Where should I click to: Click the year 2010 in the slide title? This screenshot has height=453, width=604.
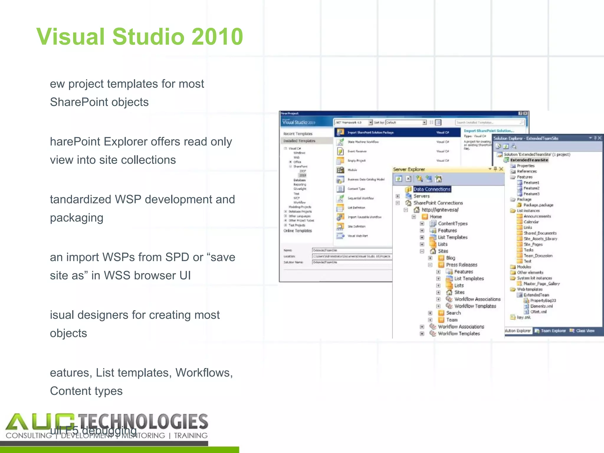tap(217, 37)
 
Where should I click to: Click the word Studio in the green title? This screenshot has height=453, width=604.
tap(148, 37)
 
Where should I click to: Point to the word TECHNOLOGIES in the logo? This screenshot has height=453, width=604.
tap(143, 422)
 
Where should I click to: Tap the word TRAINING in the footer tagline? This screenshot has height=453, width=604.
tap(191, 436)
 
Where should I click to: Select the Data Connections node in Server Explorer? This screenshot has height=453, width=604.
tap(432, 189)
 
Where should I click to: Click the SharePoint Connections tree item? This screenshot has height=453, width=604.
tap(438, 203)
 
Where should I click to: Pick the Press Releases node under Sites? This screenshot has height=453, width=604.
tap(461, 265)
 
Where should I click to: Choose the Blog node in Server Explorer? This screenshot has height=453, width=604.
tap(450, 258)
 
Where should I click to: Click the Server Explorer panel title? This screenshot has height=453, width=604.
tap(409, 169)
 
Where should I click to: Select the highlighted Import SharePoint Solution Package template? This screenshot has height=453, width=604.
tap(370, 133)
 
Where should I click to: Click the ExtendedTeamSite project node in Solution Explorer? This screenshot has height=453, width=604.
tap(529, 160)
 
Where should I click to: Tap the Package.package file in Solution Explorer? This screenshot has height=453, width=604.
tap(538, 205)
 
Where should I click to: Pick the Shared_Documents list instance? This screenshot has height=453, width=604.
tap(540, 233)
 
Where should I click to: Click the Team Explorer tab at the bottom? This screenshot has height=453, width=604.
tap(553, 331)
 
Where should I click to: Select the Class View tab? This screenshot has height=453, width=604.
tap(585, 331)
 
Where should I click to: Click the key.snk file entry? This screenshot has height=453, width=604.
tap(523, 318)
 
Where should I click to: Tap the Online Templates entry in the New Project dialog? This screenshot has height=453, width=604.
tap(298, 231)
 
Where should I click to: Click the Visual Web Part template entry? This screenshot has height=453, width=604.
tap(357, 236)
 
